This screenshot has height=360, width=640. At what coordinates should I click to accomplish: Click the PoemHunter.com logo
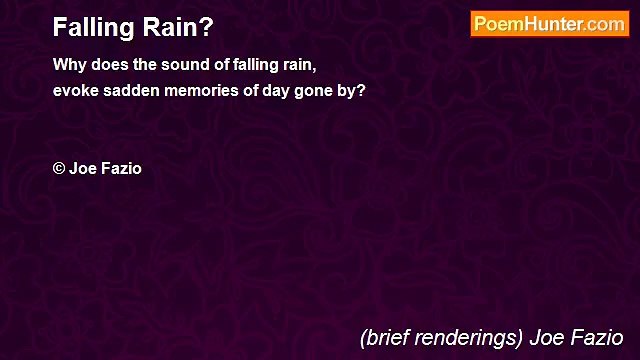549,24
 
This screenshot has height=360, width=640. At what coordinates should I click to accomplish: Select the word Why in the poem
70,65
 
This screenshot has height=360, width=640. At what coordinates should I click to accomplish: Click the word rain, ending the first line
296,65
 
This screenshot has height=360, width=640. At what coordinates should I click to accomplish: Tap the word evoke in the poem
74,89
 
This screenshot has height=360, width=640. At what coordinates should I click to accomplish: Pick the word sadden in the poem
129,89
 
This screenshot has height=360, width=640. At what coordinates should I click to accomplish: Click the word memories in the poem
202,89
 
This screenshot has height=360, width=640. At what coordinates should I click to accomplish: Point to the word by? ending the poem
351,89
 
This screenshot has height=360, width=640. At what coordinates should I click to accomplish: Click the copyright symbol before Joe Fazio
59,168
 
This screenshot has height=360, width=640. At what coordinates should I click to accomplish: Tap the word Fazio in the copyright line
121,168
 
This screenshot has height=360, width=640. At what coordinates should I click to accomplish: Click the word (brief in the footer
384,337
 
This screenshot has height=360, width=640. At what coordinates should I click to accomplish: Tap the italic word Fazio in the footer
598,337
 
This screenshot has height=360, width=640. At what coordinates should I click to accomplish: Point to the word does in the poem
112,65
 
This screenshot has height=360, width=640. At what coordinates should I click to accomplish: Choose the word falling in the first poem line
246,65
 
